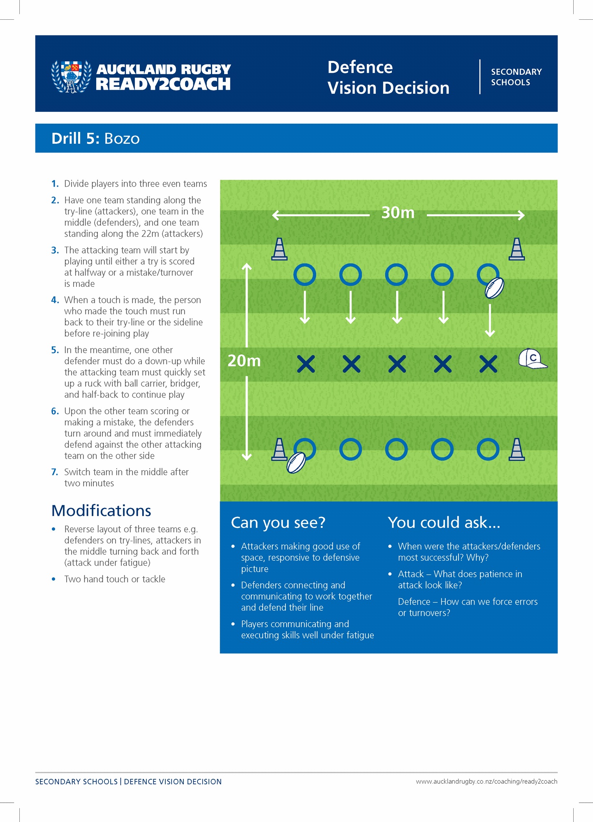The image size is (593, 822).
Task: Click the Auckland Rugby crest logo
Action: [71, 76]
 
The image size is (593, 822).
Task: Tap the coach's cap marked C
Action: [532, 359]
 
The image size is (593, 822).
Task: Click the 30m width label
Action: [398, 213]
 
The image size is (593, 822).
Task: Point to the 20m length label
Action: [244, 361]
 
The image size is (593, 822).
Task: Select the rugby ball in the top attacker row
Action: [494, 288]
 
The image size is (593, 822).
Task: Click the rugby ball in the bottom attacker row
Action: [296, 462]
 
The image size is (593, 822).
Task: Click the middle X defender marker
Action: [397, 364]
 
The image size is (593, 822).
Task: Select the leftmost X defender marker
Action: [306, 364]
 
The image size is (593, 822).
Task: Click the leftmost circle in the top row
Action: [305, 275]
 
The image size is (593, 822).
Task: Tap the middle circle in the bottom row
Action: [396, 449]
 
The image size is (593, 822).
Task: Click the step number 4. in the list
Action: [55, 300]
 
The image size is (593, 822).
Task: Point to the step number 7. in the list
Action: [55, 472]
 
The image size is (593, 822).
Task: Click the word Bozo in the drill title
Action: [122, 139]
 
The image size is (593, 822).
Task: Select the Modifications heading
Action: [101, 510]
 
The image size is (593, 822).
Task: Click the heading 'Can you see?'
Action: [278, 522]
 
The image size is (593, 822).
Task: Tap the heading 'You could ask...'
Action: [444, 522]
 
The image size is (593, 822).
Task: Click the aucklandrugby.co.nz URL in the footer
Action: [486, 781]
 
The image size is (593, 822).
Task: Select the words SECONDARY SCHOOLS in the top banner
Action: [516, 77]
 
